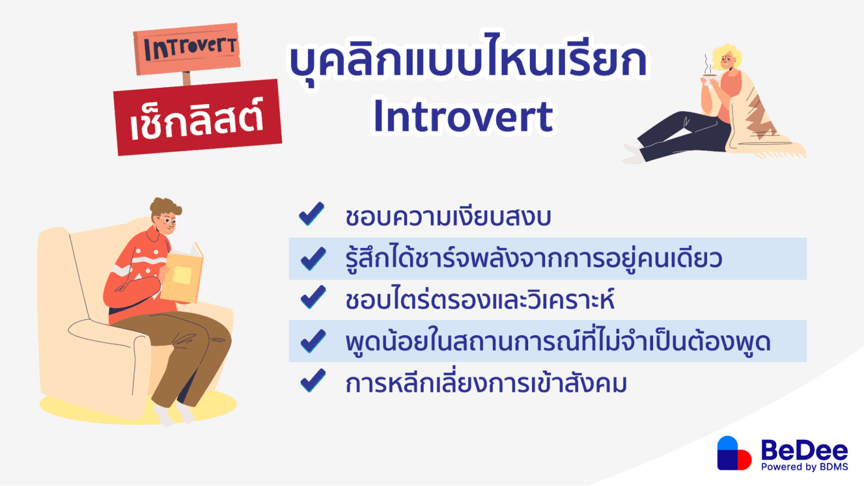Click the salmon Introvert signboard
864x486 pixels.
coord(187,48)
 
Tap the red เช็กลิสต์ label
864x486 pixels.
coord(197,118)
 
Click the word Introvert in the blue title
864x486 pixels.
coord(463,117)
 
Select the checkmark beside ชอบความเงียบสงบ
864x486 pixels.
coord(312,214)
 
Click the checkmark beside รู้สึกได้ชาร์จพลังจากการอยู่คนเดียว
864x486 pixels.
coord(313,259)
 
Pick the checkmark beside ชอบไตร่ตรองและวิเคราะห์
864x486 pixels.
coord(313,298)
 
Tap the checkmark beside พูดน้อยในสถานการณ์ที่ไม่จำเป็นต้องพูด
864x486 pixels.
coord(313,341)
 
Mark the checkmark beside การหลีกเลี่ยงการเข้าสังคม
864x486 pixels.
coord(313,381)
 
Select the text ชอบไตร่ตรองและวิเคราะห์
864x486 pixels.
coord(479,300)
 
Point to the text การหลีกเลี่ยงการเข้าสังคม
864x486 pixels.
coord(486,384)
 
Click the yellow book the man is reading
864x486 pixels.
coord(182,275)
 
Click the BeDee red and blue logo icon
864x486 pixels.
coord(733,453)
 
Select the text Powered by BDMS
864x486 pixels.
coord(804,467)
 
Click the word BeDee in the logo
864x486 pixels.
coord(804,450)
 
